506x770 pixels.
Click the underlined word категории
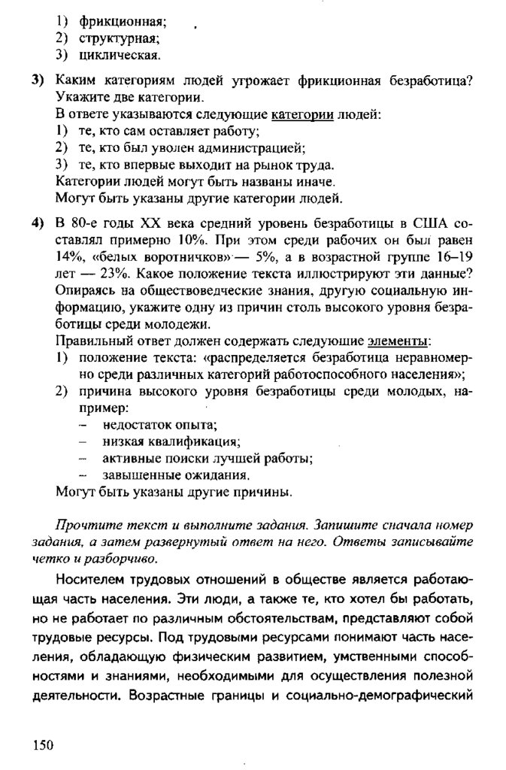point(301,115)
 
